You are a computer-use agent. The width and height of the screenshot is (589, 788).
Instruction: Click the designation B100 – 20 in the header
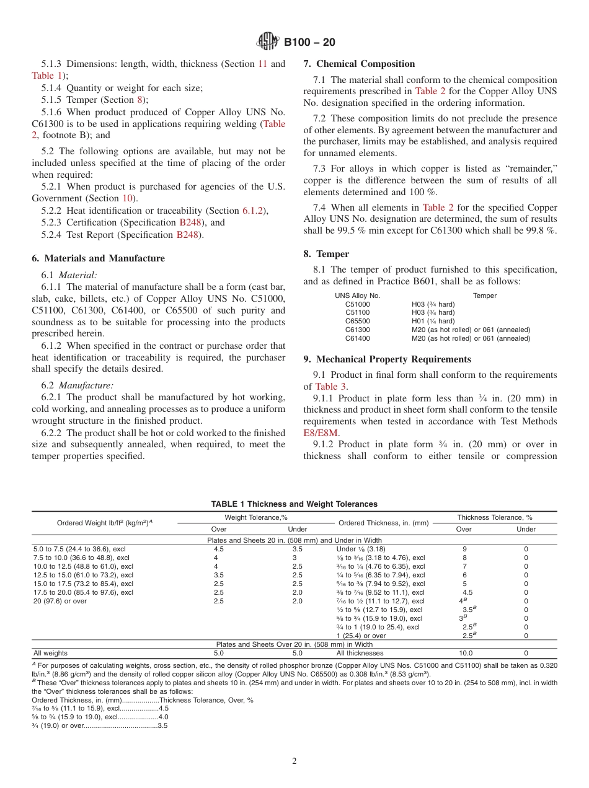point(309,42)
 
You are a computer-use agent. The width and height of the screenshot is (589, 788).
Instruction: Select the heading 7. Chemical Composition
point(359,64)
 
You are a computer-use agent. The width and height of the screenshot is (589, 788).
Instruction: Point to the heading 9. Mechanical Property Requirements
point(387,359)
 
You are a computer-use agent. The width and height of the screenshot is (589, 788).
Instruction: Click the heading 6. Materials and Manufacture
point(99,258)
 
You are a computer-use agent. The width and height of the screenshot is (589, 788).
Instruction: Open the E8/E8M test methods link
point(321,433)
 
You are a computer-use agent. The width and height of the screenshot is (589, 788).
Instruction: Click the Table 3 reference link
point(327,387)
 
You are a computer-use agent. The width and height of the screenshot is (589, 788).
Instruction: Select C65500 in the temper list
point(357,322)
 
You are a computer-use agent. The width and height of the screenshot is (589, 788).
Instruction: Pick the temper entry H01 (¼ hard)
point(433,322)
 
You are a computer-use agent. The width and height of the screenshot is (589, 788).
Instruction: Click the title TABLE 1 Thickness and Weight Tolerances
point(294,504)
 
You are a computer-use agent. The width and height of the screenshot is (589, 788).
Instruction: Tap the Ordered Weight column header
point(104,523)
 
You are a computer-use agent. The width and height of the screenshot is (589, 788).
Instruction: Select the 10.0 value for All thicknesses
point(465,653)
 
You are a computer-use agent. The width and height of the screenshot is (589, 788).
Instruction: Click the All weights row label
point(50,653)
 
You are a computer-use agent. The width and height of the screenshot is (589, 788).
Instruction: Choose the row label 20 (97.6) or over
point(60,601)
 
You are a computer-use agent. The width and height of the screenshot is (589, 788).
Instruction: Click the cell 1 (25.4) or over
point(361,636)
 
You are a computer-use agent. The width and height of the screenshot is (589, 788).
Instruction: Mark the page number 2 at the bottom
point(294,761)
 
